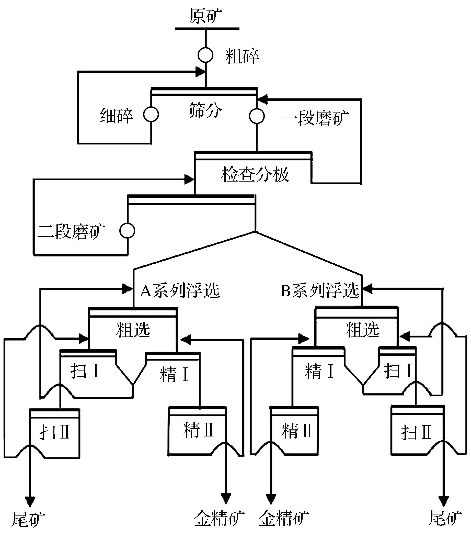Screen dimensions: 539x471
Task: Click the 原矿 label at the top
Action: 205,16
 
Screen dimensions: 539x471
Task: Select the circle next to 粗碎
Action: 205,55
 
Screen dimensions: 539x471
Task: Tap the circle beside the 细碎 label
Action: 151,114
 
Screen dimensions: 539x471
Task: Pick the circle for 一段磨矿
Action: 257,116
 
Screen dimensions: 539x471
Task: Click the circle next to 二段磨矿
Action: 127,231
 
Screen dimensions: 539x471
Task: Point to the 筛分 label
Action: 205,111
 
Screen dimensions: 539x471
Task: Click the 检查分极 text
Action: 255,174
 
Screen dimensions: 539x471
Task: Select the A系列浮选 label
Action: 180,290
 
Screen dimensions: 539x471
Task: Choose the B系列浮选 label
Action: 320,290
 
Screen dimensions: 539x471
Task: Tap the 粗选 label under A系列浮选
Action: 133,330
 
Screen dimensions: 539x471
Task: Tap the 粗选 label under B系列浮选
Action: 362,330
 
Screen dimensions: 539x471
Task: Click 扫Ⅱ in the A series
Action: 55,432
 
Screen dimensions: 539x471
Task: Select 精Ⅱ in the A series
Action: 198,430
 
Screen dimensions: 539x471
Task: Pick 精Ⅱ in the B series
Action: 296,431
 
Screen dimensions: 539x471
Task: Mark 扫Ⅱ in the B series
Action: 416,432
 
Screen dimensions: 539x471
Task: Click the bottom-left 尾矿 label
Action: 28,519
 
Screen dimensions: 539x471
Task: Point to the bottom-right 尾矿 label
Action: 445,518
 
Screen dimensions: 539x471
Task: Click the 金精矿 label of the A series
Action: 219,518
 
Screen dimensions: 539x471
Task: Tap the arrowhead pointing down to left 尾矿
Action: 30,501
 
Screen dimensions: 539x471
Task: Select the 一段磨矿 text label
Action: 315,118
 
